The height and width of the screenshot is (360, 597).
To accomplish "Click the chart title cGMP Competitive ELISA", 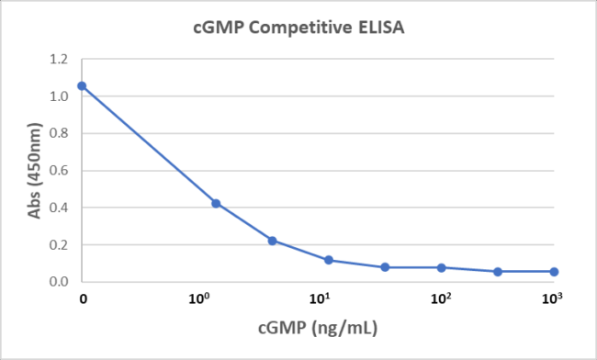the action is [298, 28].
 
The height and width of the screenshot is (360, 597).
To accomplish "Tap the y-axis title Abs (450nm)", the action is [34, 171].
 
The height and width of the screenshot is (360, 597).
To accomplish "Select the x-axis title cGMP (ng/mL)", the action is [318, 328].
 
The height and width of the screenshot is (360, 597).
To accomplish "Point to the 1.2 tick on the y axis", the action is [59, 60].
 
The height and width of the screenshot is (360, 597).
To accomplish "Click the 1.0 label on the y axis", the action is [59, 96].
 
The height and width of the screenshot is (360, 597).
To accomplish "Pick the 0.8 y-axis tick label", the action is [59, 133].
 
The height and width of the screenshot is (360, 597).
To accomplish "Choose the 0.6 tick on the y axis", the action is [59, 171].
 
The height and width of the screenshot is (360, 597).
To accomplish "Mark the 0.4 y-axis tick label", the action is [59, 208].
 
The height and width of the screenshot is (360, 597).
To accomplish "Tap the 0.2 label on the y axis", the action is [59, 244].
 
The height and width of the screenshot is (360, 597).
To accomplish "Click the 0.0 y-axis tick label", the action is [59, 282].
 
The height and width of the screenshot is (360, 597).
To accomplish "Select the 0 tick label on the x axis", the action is [83, 299].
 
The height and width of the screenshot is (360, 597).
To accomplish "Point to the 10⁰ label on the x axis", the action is [199, 298].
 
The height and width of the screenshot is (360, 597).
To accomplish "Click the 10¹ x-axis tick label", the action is [320, 298].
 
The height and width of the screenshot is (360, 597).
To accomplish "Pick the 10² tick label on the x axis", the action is [441, 298].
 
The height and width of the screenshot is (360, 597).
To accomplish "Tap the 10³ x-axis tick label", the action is [552, 298].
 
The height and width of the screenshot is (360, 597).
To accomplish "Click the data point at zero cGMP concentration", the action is [82, 86].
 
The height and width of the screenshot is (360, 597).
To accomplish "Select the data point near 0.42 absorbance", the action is [216, 204].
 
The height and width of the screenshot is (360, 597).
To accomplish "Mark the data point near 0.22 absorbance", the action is [272, 241].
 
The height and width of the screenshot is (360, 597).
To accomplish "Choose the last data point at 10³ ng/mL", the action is [554, 272].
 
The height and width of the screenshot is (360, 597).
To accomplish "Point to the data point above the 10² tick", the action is [441, 268].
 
